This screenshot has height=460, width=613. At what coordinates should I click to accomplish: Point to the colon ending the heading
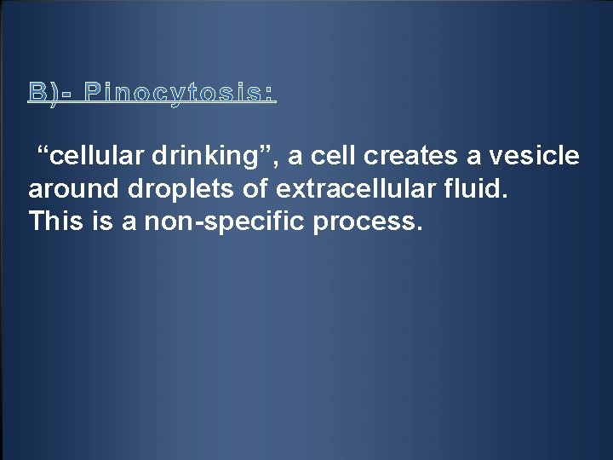pyautogui.click(x=272, y=93)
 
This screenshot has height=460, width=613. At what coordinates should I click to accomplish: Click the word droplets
pyautogui.click(x=176, y=189)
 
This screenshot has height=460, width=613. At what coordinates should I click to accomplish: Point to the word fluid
pyautogui.click(x=478, y=189)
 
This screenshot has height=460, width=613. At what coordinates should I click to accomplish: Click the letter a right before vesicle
pyautogui.click(x=465, y=158)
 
